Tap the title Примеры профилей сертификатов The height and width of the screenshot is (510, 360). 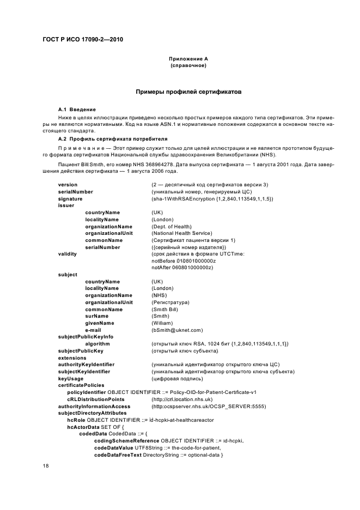[x=189, y=92]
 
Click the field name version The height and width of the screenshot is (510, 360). [x=68, y=185]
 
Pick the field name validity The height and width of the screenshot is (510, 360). [x=68, y=254]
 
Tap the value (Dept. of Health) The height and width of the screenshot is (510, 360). [x=172, y=226]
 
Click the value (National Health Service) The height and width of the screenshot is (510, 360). [x=182, y=233]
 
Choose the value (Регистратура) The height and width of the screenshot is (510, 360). [x=170, y=302]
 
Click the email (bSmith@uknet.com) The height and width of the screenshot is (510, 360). [x=177, y=330]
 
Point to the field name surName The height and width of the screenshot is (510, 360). [x=96, y=316]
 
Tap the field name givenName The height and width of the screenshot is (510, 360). [x=100, y=323]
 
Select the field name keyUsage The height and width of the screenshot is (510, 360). [x=71, y=378]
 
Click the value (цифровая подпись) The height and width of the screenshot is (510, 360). [x=177, y=378]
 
